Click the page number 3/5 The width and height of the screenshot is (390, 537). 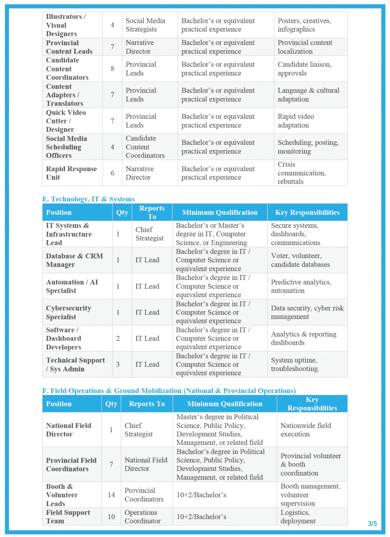[372, 523]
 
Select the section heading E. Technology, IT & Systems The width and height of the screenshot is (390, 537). [89, 199]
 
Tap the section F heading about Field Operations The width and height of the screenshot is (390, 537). [169, 391]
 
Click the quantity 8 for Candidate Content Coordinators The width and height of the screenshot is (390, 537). [112, 68]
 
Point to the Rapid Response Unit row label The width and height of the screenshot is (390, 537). [71, 173]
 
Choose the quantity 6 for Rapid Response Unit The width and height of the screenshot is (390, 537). [112, 173]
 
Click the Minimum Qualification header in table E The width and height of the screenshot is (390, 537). [220, 212]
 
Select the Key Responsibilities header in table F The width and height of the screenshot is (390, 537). [312, 403]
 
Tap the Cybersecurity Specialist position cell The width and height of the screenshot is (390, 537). [68, 312]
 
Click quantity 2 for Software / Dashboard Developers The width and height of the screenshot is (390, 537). [118, 338]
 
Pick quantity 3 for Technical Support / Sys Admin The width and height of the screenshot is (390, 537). [118, 364]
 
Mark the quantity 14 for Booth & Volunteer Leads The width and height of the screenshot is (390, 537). [111, 495]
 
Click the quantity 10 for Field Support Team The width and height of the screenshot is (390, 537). [111, 517]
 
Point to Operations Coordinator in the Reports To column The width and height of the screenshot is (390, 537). [142, 517]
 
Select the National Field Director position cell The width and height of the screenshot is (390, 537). [68, 430]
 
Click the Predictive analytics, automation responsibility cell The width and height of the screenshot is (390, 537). [301, 286]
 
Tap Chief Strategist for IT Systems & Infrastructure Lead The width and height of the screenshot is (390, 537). [149, 234]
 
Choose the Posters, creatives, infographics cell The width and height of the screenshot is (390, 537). [304, 25]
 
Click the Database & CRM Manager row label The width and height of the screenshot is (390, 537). [74, 260]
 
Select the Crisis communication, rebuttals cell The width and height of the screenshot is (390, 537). [301, 173]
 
